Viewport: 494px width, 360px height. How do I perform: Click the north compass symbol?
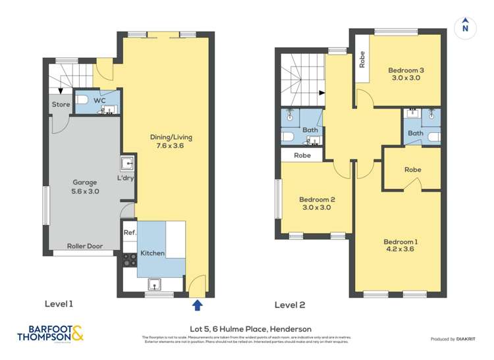click(465, 26)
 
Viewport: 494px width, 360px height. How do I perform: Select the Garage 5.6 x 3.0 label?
click(85, 187)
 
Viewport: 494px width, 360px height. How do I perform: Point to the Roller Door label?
click(84, 246)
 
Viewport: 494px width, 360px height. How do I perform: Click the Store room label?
click(61, 104)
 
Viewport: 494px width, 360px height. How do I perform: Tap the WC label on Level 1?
click(99, 101)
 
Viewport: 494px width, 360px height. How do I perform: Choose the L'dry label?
click(125, 179)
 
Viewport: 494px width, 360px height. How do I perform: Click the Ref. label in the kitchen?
click(130, 232)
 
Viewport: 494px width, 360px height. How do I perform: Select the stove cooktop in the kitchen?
click(129, 260)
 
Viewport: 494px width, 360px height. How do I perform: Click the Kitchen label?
click(151, 253)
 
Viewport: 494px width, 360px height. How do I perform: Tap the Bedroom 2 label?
click(317, 203)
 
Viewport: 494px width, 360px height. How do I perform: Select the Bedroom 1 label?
click(400, 245)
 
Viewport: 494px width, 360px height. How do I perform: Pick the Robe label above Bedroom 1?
click(412, 169)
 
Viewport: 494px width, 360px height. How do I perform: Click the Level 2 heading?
click(290, 305)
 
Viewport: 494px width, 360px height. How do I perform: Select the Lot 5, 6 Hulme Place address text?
click(246, 329)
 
